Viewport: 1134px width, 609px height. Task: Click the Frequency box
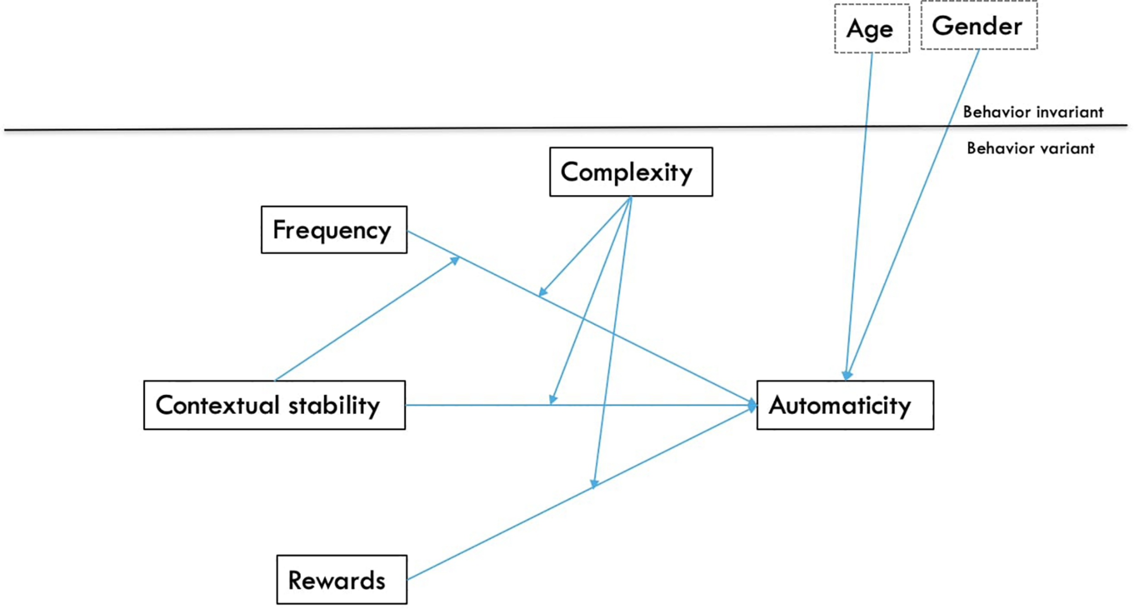(x=334, y=229)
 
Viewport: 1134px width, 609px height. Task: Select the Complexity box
(x=631, y=172)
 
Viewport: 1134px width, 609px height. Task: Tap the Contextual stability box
(x=274, y=405)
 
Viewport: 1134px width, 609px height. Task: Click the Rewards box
(x=342, y=580)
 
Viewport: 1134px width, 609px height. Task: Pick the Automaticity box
(x=845, y=405)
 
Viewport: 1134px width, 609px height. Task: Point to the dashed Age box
(x=871, y=29)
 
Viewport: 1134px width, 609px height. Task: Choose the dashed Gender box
(x=978, y=26)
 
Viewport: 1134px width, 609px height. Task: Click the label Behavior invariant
(x=1033, y=112)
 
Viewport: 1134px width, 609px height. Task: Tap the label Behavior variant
(x=1030, y=148)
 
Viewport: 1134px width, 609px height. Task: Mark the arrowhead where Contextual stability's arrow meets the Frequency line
(x=455, y=260)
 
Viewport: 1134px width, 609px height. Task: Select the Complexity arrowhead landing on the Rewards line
(x=594, y=483)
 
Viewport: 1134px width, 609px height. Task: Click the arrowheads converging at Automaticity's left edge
(x=752, y=405)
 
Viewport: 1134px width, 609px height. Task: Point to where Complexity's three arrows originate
(x=631, y=198)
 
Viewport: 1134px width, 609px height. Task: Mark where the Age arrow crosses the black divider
(x=866, y=127)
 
